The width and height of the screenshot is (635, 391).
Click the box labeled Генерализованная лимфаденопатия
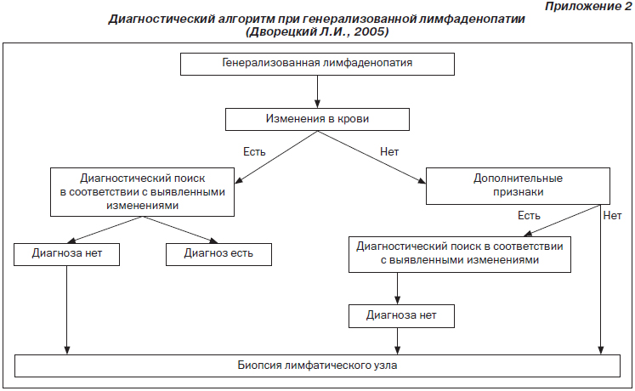[x=317, y=64]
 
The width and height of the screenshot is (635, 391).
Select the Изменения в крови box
[x=317, y=119]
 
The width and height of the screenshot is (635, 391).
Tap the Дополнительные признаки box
[x=518, y=186]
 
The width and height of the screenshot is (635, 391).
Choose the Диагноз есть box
[x=218, y=254]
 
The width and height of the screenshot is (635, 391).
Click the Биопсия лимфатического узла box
[x=317, y=365]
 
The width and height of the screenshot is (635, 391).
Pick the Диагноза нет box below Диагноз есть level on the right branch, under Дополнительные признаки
[x=401, y=316]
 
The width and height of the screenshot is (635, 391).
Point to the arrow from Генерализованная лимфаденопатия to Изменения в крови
[x=317, y=92]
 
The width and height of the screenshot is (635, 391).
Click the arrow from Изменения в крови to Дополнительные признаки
[x=371, y=157]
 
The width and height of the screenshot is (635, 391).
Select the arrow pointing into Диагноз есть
[x=180, y=229]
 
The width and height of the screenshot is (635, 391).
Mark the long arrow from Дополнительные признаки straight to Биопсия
[x=601, y=280]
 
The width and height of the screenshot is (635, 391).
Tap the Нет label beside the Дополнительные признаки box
[x=612, y=216]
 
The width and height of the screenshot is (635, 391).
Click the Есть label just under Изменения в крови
[x=254, y=152]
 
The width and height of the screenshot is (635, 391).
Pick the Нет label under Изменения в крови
[x=389, y=152]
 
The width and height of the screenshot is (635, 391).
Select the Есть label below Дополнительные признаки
[x=529, y=216]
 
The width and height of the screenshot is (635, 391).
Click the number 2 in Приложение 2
[x=626, y=7]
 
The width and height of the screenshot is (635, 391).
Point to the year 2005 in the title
[x=370, y=31]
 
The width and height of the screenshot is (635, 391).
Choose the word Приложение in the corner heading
[x=582, y=7]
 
